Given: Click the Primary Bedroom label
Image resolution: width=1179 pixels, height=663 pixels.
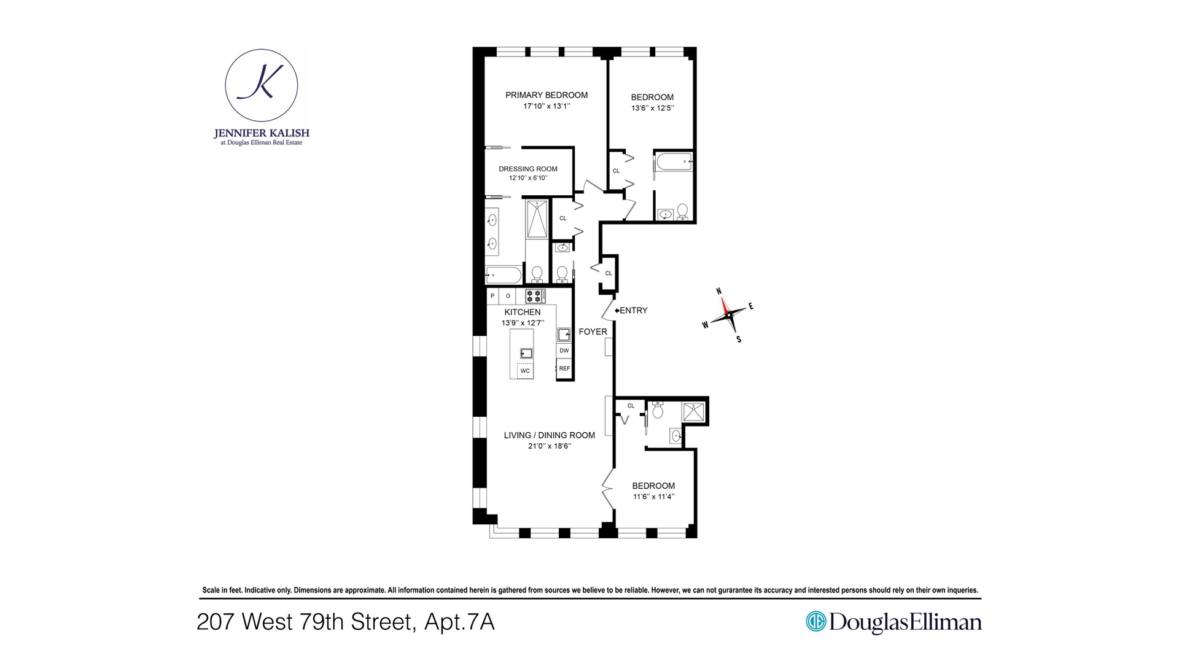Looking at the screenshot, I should [x=547, y=95].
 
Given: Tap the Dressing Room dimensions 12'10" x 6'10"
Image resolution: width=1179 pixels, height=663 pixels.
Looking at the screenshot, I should [x=528, y=178].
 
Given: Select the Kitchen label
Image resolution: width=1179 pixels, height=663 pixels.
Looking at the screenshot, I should [x=523, y=312].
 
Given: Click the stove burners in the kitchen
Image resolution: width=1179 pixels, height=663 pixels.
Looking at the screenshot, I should [x=535, y=297].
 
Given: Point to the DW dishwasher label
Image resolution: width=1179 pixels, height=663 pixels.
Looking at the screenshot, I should [x=564, y=351].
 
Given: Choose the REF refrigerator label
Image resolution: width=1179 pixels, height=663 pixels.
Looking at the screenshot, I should [x=564, y=368].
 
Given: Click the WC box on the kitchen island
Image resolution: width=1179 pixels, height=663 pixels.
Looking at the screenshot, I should [x=525, y=371].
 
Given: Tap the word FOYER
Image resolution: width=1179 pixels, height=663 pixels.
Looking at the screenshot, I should [x=593, y=331].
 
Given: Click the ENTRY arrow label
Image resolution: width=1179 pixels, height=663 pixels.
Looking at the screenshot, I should [x=631, y=311].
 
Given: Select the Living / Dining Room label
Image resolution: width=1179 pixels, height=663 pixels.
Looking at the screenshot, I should [x=550, y=435].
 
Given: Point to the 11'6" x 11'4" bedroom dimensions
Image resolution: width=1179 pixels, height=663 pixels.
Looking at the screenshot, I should [x=653, y=497].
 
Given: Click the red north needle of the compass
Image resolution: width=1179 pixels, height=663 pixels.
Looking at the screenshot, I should [x=725, y=305].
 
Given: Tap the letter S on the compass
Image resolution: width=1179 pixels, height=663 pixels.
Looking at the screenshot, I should [x=739, y=339].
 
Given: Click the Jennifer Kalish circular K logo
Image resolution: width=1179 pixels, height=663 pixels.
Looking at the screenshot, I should [x=262, y=85].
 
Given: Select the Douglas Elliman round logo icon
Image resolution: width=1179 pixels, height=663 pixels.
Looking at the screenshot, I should [x=816, y=621].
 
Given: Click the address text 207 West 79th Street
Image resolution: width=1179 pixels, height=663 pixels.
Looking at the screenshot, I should [x=306, y=622].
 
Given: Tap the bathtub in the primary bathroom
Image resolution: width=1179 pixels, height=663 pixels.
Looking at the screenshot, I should [x=504, y=274].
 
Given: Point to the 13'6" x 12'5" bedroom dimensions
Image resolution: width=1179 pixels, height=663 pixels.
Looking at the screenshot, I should [x=652, y=108].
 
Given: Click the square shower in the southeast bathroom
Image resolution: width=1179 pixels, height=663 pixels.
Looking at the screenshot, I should [x=694, y=411].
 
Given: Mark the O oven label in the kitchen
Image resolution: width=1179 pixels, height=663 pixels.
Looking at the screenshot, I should [x=508, y=296].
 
